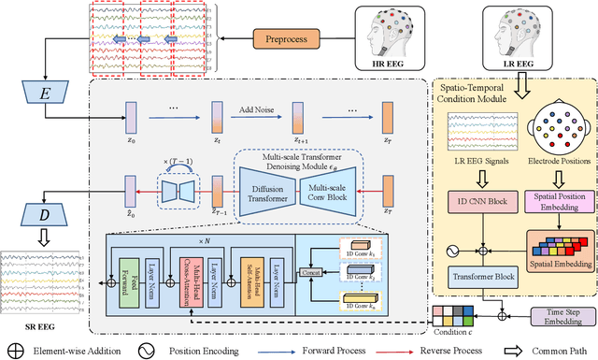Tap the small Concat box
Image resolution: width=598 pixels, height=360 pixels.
[310, 271]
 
